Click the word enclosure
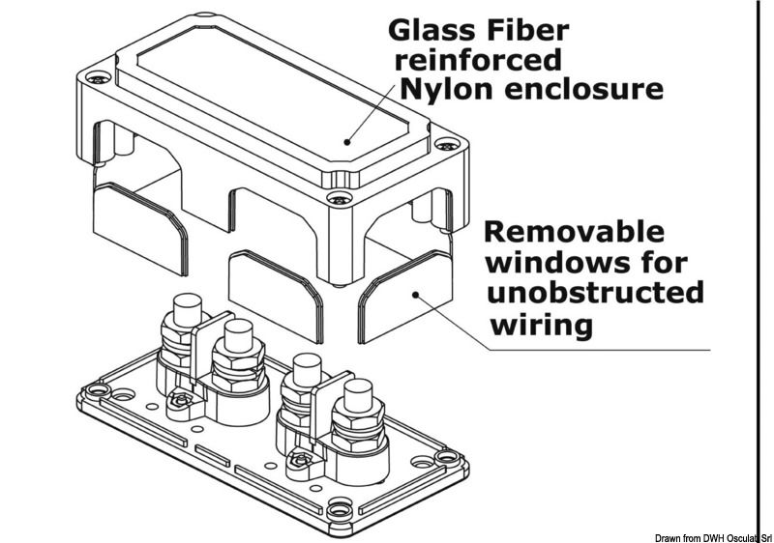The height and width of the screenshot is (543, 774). [x=590, y=91]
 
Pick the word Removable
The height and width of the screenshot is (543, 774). [x=574, y=233]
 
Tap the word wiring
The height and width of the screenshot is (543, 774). [x=542, y=325]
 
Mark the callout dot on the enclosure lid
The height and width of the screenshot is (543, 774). [x=346, y=141]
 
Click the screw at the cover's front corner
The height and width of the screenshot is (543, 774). [x=338, y=199]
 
